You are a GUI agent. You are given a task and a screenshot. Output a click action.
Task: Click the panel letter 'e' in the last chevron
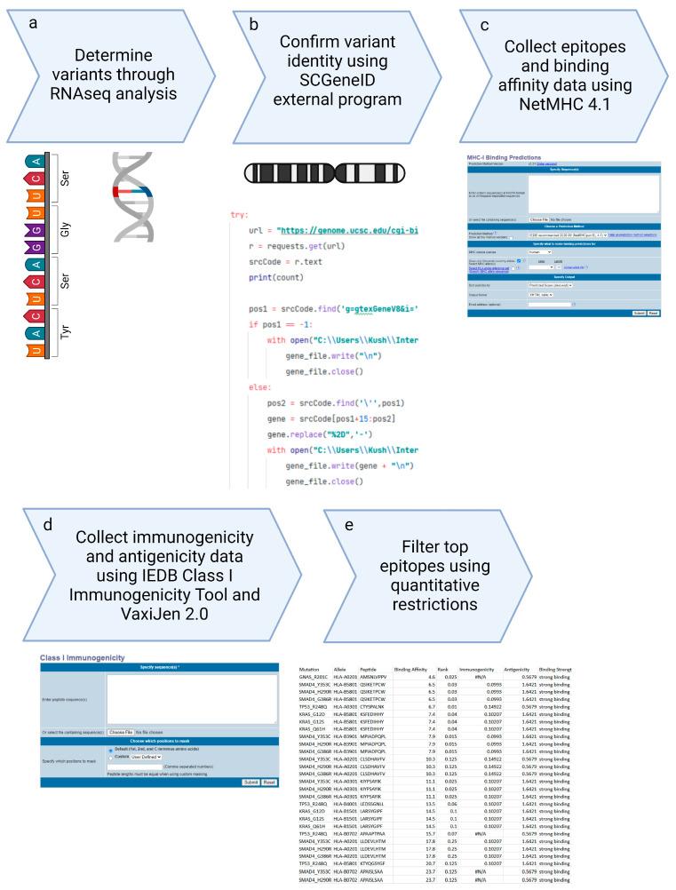point(348,524)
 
